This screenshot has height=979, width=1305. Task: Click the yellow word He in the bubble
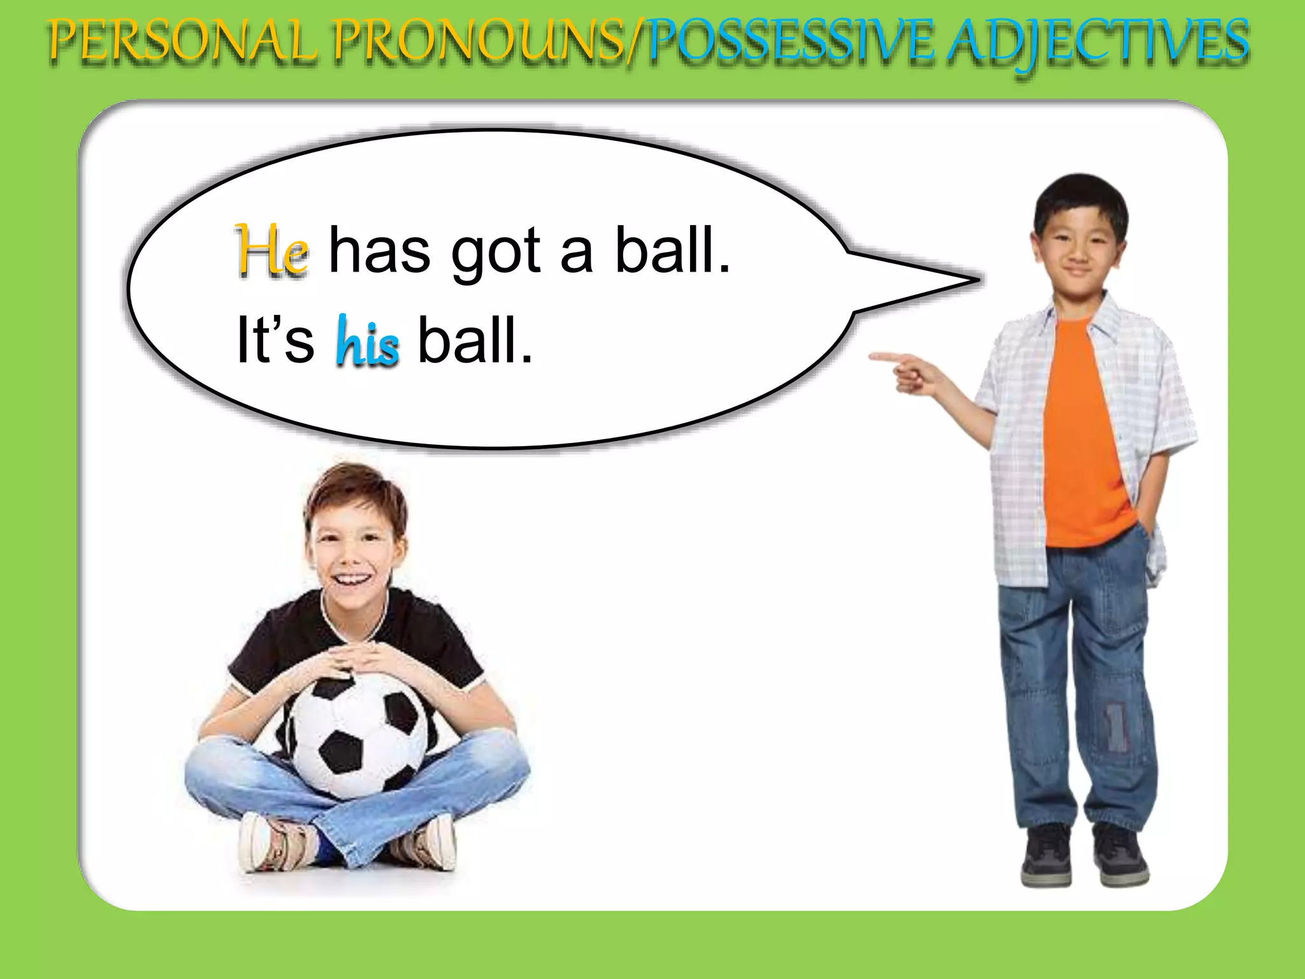click(x=272, y=250)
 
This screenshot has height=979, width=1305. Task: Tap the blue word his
click(x=368, y=342)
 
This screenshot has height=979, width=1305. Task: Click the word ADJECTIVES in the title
click(x=1097, y=43)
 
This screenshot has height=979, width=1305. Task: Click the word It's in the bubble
click(x=275, y=340)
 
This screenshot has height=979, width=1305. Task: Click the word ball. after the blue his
click(x=475, y=341)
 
